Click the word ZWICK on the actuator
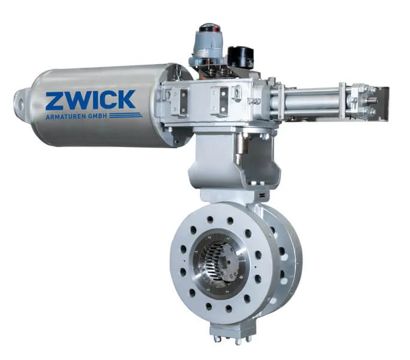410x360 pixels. pyautogui.click(x=91, y=100)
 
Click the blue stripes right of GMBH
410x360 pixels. pyautogui.click(x=126, y=115)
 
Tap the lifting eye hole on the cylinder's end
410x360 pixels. pyautogui.click(x=21, y=104)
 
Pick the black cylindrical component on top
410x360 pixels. pyautogui.click(x=240, y=57)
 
